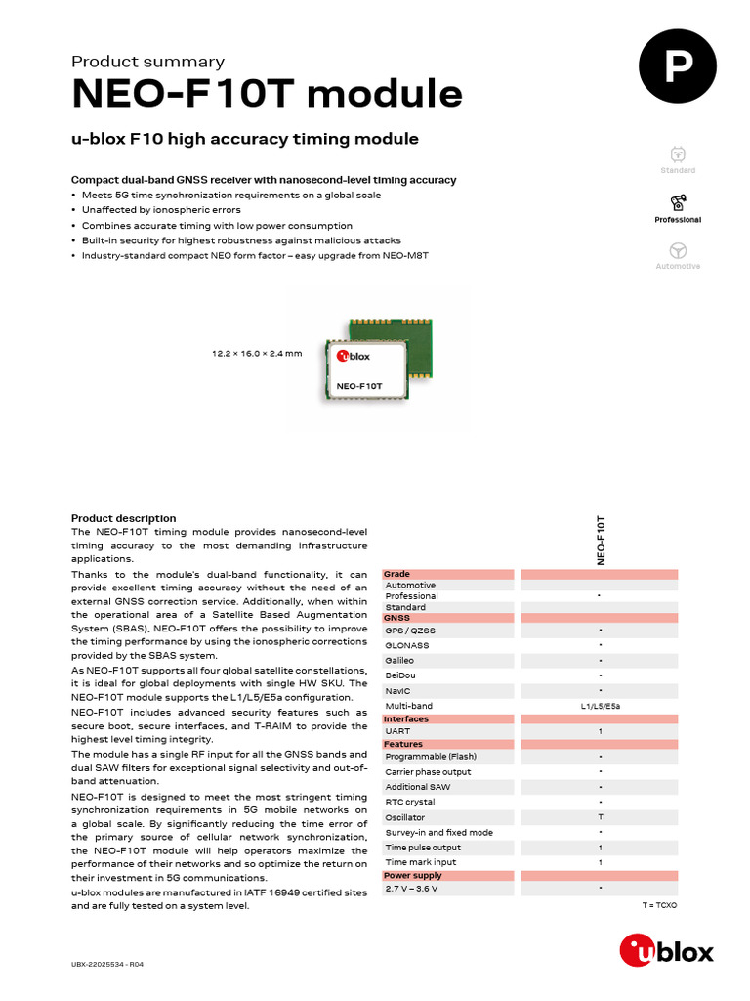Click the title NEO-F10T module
tap(267, 94)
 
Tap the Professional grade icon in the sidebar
tap(678, 203)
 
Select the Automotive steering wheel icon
tap(678, 250)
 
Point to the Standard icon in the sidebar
tap(678, 154)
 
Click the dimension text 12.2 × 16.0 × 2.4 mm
tap(258, 353)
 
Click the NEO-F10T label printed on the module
tap(358, 386)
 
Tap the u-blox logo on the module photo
tap(354, 357)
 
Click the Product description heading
tap(124, 518)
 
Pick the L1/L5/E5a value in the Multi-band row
tap(600, 706)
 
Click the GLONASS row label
tap(407, 645)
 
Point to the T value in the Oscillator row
tap(600, 817)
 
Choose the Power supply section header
tap(412, 876)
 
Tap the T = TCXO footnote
tap(659, 906)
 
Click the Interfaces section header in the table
tap(406, 718)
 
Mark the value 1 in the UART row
tap(600, 731)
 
